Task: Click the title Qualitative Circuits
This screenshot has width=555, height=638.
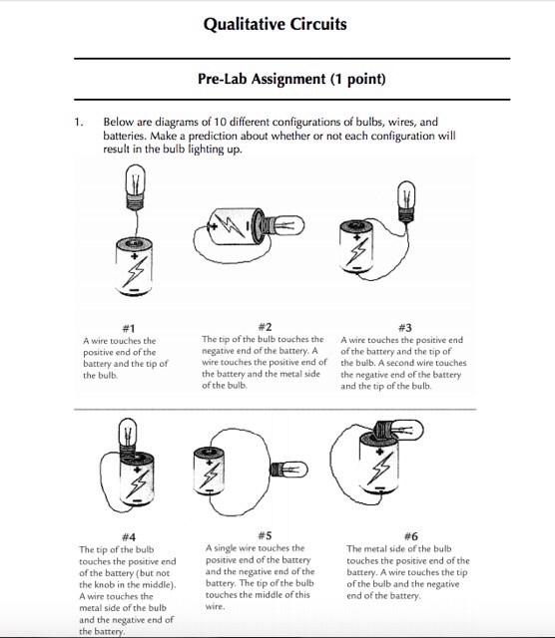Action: (276, 24)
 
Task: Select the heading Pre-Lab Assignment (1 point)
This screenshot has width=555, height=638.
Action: (291, 79)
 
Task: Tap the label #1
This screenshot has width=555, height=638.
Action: (129, 328)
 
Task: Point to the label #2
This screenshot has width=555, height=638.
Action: (265, 327)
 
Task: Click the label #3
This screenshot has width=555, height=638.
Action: (405, 328)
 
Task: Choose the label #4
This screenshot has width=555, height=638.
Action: (129, 537)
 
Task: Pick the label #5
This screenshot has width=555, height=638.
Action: (265, 535)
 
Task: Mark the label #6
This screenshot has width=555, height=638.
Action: (410, 536)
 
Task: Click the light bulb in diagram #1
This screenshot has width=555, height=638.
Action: (136, 187)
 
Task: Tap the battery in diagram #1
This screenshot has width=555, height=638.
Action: (134, 266)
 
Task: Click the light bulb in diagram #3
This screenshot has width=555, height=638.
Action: (406, 201)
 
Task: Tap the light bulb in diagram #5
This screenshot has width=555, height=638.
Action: (289, 470)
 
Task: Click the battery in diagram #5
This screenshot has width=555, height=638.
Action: (210, 471)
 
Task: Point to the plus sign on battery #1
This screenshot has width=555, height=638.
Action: (134, 256)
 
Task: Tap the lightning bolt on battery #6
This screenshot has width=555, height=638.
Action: (380, 469)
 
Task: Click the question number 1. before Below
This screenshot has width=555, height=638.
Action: (79, 122)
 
